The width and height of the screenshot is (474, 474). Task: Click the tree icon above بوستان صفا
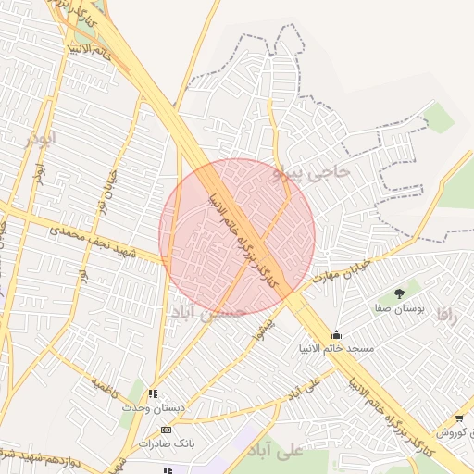tap(399, 293)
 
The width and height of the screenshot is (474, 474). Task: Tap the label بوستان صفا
tap(400, 308)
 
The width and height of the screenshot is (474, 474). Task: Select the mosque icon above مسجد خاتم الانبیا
tap(335, 334)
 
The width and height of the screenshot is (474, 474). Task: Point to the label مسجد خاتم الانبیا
tap(336, 349)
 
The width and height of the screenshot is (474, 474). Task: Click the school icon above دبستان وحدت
tap(153, 393)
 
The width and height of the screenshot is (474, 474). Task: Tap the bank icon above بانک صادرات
tap(165, 430)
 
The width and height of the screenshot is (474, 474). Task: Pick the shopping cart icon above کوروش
tap(459, 418)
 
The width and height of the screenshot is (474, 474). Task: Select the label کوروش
tap(455, 432)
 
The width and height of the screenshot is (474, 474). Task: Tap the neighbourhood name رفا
tap(449, 315)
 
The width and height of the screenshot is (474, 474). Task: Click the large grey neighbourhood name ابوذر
tap(41, 139)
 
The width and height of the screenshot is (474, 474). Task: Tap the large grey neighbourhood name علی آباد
tap(277, 451)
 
